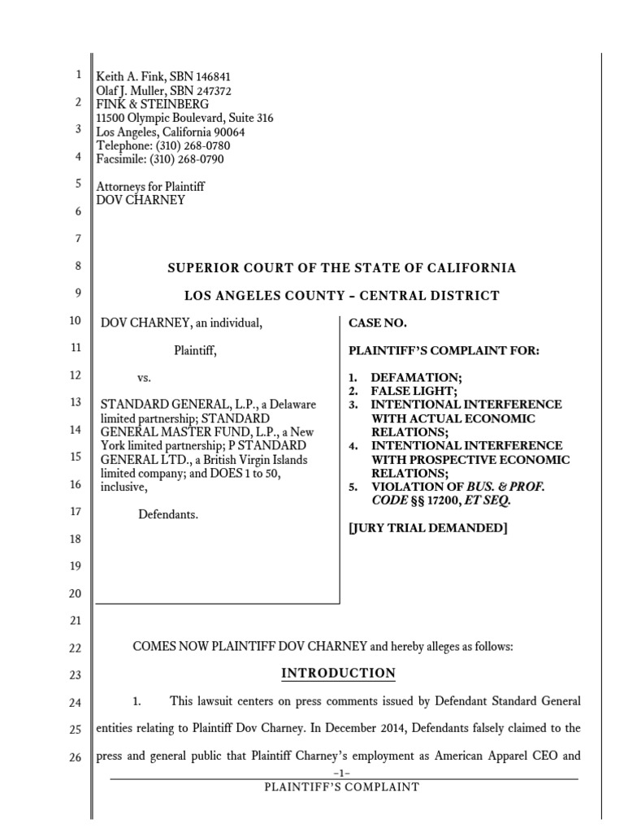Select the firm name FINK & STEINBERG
click(152, 104)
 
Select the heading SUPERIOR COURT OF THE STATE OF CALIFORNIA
click(341, 267)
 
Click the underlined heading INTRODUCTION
click(338, 673)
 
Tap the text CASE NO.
click(377, 323)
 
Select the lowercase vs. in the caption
click(144, 378)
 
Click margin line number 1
click(78, 75)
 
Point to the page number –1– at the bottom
click(341, 773)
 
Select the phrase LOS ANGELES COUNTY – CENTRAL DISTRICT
click(341, 295)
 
